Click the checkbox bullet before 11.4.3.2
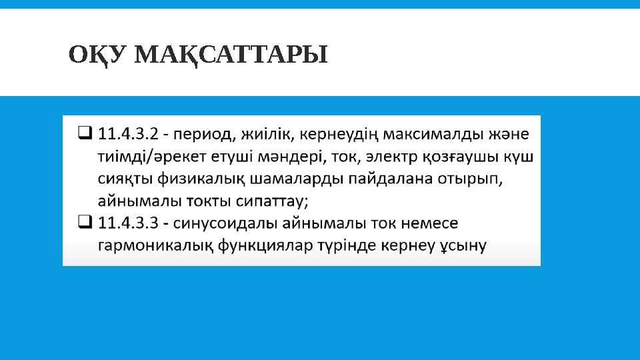(85, 134)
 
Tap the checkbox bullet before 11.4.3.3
(85, 222)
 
